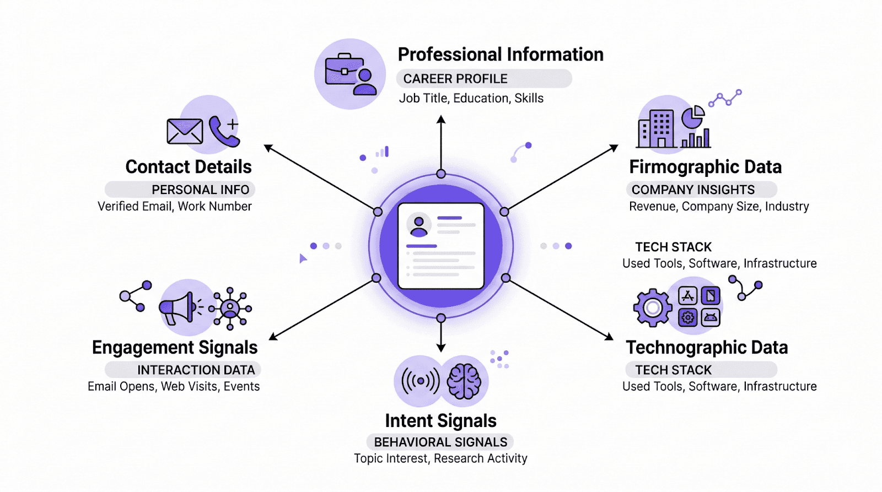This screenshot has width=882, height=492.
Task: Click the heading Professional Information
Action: (x=501, y=55)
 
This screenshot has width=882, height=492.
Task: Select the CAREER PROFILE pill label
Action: (x=455, y=79)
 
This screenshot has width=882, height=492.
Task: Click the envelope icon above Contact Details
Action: (x=185, y=132)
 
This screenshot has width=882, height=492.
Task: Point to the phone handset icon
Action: (x=223, y=132)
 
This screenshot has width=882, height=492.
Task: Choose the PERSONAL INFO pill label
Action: (x=200, y=190)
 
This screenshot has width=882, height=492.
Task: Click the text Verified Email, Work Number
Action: (x=175, y=207)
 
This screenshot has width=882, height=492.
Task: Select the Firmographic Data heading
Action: (x=706, y=167)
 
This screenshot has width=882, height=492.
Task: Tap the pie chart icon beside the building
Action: (x=693, y=116)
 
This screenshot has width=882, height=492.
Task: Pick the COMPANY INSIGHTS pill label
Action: (x=693, y=190)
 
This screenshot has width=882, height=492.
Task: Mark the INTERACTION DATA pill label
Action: (x=196, y=370)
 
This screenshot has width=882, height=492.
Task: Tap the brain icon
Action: (x=464, y=381)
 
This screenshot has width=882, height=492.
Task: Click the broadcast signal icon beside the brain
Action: (x=421, y=381)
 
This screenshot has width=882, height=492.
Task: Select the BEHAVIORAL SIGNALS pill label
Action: (x=440, y=442)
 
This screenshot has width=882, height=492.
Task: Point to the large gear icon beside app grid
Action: (x=653, y=307)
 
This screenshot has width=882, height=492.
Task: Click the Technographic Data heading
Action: (x=707, y=348)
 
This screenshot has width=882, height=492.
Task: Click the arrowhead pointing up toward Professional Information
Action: (x=441, y=120)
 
